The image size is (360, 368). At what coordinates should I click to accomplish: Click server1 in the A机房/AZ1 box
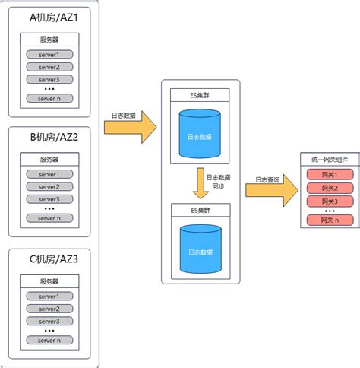[49, 55]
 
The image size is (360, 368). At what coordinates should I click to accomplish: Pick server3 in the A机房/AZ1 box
[49, 79]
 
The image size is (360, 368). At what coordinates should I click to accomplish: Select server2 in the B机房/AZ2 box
[49, 187]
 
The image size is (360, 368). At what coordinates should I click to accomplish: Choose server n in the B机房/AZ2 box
[49, 218]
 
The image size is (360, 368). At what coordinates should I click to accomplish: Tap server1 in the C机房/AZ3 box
[49, 296]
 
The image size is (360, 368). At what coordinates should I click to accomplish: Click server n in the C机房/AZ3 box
[49, 340]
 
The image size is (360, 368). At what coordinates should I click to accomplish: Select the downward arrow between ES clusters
[201, 182]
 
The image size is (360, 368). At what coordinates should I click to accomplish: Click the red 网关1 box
[330, 175]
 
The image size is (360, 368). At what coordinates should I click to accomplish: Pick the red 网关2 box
[330, 188]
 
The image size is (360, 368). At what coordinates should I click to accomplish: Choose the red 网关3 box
[330, 201]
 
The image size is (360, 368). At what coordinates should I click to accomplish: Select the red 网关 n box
[330, 220]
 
